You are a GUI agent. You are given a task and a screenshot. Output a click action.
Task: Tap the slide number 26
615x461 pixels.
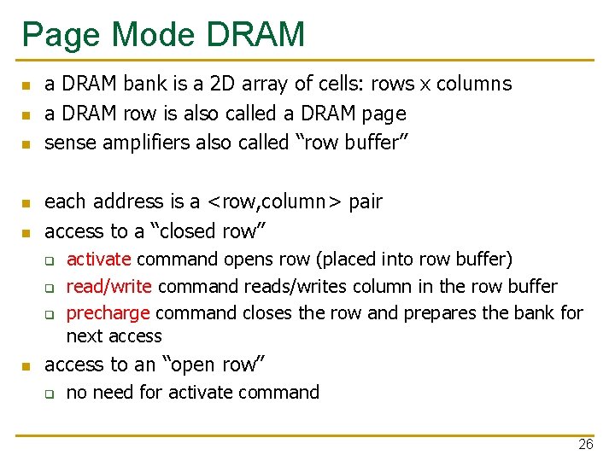pyautogui.click(x=585, y=444)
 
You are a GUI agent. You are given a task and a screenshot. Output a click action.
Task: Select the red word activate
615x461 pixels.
pyautogui.click(x=98, y=259)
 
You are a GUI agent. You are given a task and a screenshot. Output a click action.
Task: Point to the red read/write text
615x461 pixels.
pyautogui.click(x=109, y=286)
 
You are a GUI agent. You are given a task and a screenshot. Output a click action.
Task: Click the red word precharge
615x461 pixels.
pyautogui.click(x=108, y=313)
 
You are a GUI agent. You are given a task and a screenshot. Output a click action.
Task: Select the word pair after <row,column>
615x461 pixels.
pyautogui.click(x=365, y=202)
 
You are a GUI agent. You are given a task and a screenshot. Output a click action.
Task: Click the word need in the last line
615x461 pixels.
pyautogui.click(x=115, y=393)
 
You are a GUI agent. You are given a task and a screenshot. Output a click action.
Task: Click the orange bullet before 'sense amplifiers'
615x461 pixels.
pyautogui.click(x=26, y=143)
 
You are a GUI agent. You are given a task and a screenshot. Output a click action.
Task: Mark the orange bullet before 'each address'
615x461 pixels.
pyautogui.click(x=26, y=203)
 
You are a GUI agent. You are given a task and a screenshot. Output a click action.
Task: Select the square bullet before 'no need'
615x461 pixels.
pyautogui.click(x=50, y=394)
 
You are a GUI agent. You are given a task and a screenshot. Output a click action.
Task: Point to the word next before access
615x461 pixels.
pyautogui.click(x=85, y=336)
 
